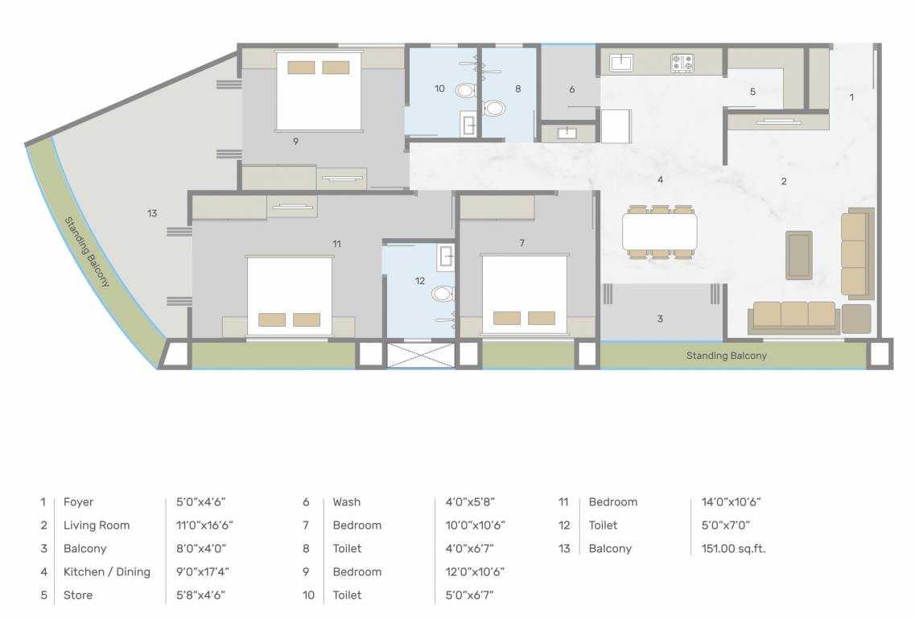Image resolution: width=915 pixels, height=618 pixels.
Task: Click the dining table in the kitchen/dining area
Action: point(660,232)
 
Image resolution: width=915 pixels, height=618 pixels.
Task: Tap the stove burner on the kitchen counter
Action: point(682,62)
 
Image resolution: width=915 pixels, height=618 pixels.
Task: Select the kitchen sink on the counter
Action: point(621,62)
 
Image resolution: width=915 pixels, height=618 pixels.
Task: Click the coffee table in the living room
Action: point(798,255)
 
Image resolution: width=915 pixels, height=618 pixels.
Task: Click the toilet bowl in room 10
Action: point(465,90)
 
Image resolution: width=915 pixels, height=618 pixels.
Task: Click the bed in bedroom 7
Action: point(525,294)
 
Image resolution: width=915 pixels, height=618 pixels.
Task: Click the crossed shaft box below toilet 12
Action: point(410,355)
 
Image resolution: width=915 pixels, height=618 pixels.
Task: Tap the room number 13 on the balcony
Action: point(152,213)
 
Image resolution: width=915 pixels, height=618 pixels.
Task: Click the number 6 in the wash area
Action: point(571,89)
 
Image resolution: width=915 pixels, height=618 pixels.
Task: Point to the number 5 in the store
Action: point(752,92)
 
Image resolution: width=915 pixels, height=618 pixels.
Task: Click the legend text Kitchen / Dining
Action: point(106,572)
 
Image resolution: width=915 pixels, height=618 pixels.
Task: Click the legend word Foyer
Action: point(78,502)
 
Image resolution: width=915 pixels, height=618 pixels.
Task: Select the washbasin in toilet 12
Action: point(447,257)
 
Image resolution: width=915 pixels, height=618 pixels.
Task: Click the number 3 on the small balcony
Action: point(660,319)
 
